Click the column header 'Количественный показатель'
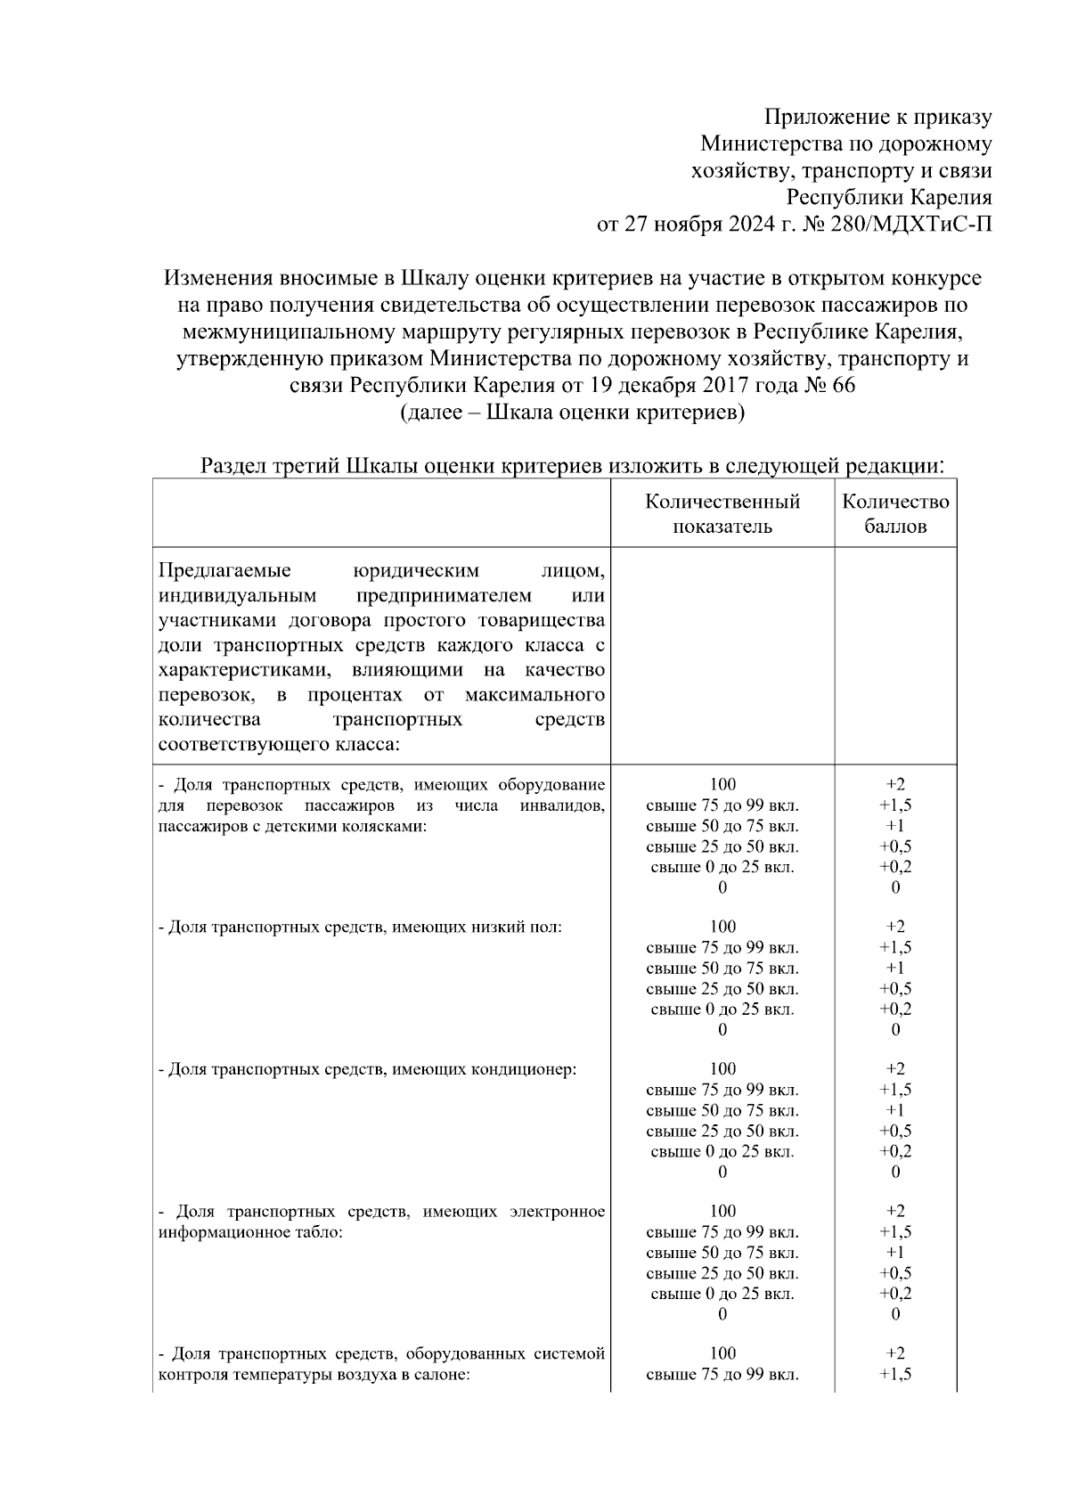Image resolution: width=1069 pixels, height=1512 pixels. click(x=722, y=514)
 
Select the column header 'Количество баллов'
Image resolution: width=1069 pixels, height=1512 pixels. click(x=895, y=514)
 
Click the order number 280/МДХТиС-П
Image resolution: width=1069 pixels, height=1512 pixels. click(x=892, y=224)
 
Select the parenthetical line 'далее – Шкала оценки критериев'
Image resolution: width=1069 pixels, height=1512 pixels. click(x=572, y=413)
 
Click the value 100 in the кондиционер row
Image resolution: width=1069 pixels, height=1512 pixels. click(x=722, y=1069)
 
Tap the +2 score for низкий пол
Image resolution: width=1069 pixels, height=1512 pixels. click(x=895, y=927)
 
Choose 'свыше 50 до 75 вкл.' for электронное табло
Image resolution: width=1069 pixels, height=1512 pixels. click(x=722, y=1253)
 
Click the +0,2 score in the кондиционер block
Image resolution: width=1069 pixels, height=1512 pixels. click(x=895, y=1151)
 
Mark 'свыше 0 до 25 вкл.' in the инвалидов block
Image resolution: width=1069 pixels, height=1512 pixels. click(x=722, y=867)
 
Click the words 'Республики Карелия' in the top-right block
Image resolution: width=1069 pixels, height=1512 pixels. click(x=888, y=197)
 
